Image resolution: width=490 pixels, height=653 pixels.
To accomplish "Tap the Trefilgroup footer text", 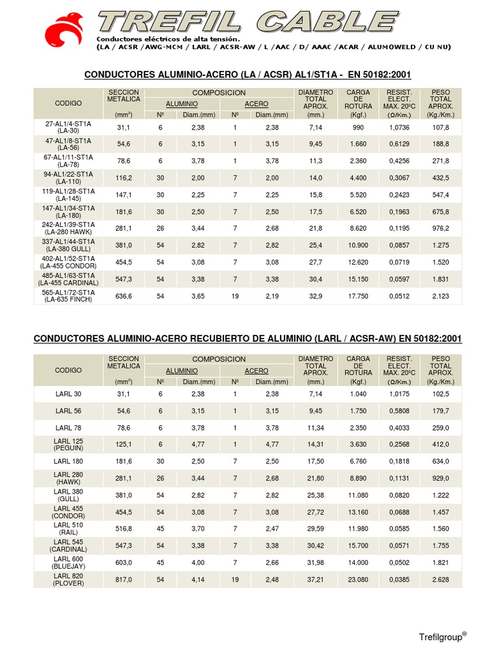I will pos(442,636).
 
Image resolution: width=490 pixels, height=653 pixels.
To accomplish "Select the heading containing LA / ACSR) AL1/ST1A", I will pos(247,75).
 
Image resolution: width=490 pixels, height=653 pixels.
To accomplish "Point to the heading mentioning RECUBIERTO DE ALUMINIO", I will pos(247,338).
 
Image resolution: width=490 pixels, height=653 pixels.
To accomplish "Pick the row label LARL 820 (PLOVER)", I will pos(69,579).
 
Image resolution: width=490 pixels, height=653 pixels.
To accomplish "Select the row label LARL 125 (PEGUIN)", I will pos(69,444).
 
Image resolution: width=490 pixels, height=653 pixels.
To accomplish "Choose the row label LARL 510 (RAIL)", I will pos(69,528).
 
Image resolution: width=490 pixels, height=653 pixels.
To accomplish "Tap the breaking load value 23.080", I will pos(358,579).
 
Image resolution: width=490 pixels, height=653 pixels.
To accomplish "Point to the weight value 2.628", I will pos(440,579).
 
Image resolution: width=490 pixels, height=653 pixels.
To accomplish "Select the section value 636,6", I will pos(124,296).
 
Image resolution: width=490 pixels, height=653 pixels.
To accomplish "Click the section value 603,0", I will pos(124,562).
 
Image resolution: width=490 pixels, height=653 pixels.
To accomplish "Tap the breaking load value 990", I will pos(358,127).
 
